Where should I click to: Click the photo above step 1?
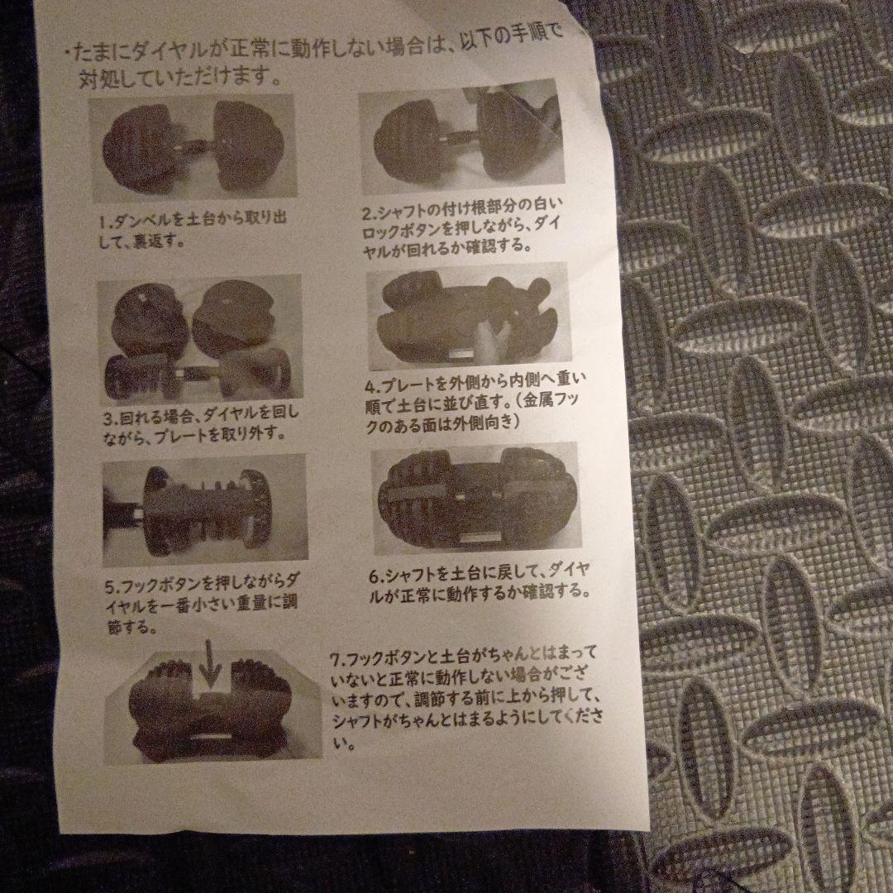192,148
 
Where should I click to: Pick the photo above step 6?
475,499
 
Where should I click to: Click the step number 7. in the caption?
336,660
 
